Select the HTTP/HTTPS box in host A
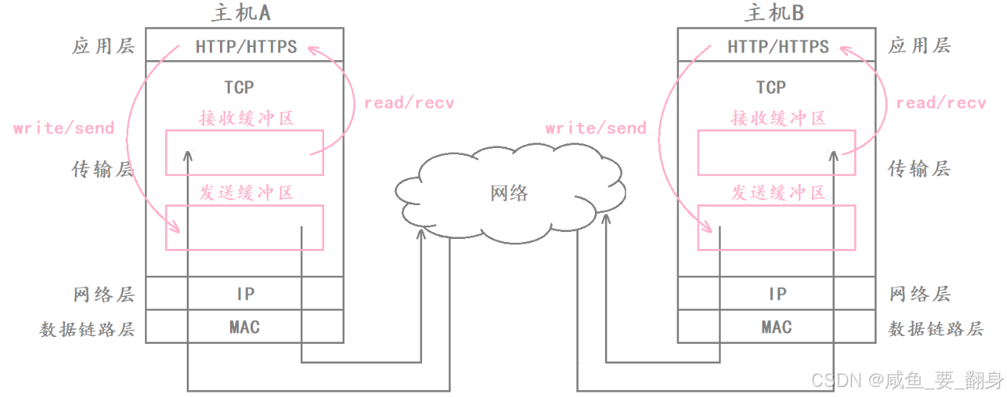pyautogui.click(x=245, y=46)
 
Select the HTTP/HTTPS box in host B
pyautogui.click(x=777, y=46)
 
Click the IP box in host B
pyautogui.click(x=777, y=294)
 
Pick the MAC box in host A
pyautogui.click(x=245, y=327)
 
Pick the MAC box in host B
pyautogui.click(x=776, y=327)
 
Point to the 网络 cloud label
pyautogui.click(x=509, y=193)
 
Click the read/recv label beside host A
pyautogui.click(x=409, y=103)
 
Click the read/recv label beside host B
pyautogui.click(x=941, y=103)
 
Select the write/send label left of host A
pyautogui.click(x=64, y=128)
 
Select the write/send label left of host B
pyautogui.click(x=596, y=128)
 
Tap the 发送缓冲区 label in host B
pyautogui.click(x=779, y=192)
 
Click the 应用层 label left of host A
pyautogui.click(x=103, y=46)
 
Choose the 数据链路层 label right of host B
pyautogui.click(x=936, y=329)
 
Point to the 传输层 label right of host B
pyautogui.click(x=919, y=169)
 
